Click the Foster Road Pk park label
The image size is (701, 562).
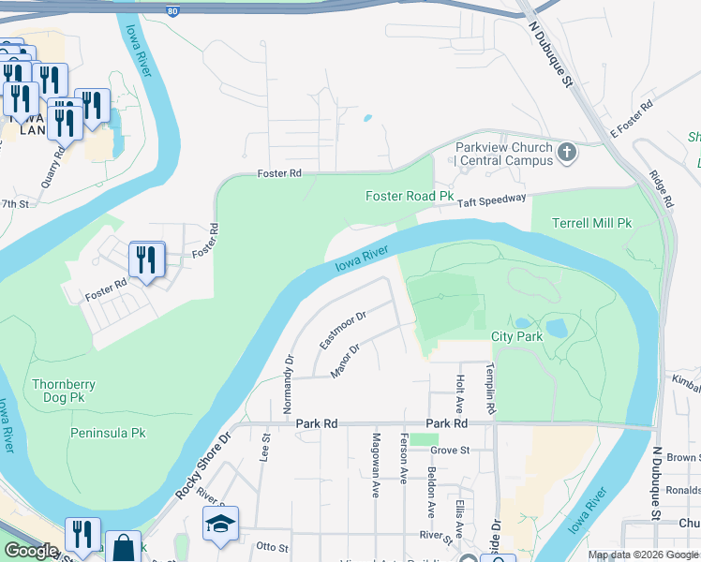(409, 197)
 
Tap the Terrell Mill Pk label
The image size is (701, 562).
(592, 224)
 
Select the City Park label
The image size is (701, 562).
(516, 336)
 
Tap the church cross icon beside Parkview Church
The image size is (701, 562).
(566, 152)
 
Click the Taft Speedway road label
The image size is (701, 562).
(492, 198)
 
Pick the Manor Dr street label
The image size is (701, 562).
(345, 362)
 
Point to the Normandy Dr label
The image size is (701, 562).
(290, 372)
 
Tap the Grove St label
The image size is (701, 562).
(449, 451)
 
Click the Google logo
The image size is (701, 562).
(32, 551)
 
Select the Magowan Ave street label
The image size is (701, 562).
(375, 464)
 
